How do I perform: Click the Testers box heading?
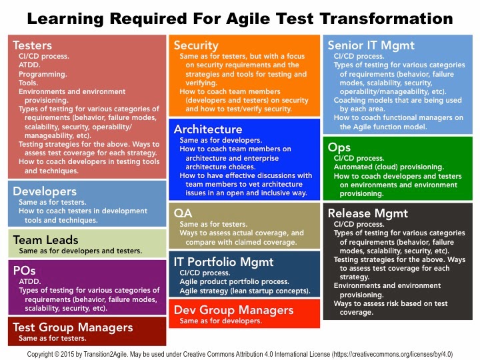[x=32, y=45]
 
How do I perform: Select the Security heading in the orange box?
[x=196, y=45]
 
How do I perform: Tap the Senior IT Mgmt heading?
[x=371, y=45]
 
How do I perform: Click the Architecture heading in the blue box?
[x=208, y=129]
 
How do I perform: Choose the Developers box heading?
[x=45, y=191]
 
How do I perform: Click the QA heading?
[x=183, y=213]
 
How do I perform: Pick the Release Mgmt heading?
[x=367, y=213]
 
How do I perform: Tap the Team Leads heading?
[x=45, y=240]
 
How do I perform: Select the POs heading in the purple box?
[x=24, y=271]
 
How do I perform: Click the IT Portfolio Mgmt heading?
[x=223, y=262]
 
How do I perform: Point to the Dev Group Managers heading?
[x=233, y=310]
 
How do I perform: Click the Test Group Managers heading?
[x=73, y=327]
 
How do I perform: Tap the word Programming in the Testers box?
[x=43, y=74]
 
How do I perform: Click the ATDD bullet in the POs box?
[x=30, y=281]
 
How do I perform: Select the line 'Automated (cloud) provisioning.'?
[x=389, y=167]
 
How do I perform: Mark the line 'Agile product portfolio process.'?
[x=234, y=281]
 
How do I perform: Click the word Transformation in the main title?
[x=386, y=19]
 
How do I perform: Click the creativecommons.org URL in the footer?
[x=393, y=354]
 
